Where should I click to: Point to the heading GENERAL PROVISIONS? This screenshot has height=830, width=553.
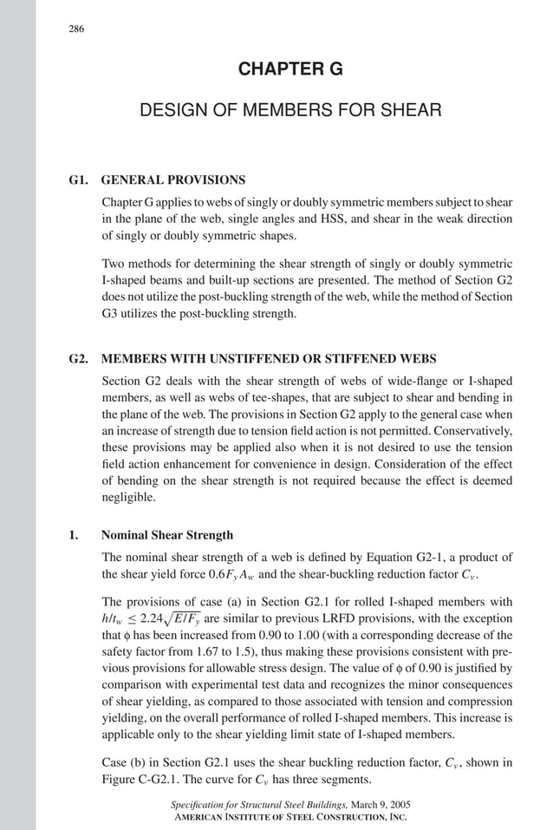(x=173, y=181)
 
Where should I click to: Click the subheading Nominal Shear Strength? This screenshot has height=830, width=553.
(x=167, y=535)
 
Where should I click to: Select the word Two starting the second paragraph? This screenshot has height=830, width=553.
(x=114, y=264)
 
